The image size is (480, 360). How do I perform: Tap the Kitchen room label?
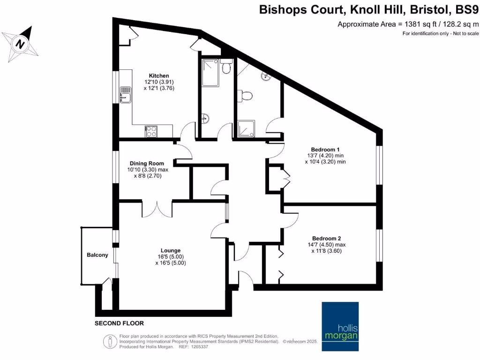coord(159,75)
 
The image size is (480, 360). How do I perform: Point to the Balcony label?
coord(97,255)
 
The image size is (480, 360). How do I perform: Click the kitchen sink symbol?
coord(125,95)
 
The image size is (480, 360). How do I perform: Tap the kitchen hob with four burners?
coord(151,132)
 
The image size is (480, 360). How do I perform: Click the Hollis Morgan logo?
coord(340,327)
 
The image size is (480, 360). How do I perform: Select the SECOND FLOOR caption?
coord(119,323)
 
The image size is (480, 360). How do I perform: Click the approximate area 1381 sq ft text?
coord(408,24)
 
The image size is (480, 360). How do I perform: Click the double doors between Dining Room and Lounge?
coord(157,209)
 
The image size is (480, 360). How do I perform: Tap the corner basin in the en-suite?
coord(267,76)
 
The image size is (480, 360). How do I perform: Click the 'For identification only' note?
coord(441,34)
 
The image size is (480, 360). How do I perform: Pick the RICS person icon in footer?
coord(110,342)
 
